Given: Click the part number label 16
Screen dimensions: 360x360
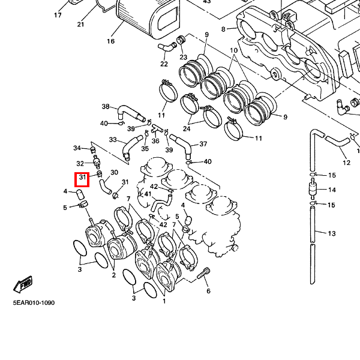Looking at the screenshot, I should click(x=110, y=41).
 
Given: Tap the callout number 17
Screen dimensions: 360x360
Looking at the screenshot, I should click(x=58, y=15).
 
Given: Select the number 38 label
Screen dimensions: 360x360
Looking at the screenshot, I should click(x=106, y=107).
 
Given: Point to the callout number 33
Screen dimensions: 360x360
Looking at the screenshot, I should click(x=113, y=140).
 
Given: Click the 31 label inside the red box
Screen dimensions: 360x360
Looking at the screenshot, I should click(x=82, y=179).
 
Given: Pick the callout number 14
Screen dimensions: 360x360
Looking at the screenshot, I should click(x=332, y=190).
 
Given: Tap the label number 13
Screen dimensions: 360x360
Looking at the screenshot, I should click(x=332, y=233).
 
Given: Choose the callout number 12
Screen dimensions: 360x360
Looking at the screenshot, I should click(x=346, y=162).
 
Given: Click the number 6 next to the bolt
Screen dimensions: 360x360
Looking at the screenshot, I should click(x=208, y=291).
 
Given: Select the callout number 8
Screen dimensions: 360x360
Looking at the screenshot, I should click(x=223, y=29).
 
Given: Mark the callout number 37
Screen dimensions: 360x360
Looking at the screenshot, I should click(x=203, y=144).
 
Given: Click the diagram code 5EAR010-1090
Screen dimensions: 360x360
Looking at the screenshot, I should click(x=34, y=303).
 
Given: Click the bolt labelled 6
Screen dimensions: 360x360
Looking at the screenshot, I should click(x=202, y=274).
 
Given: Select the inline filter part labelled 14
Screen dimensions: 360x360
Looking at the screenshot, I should click(x=312, y=190).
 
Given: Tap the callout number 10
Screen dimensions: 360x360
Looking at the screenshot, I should click(x=234, y=50).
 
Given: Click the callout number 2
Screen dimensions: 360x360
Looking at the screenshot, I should click(x=113, y=275).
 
